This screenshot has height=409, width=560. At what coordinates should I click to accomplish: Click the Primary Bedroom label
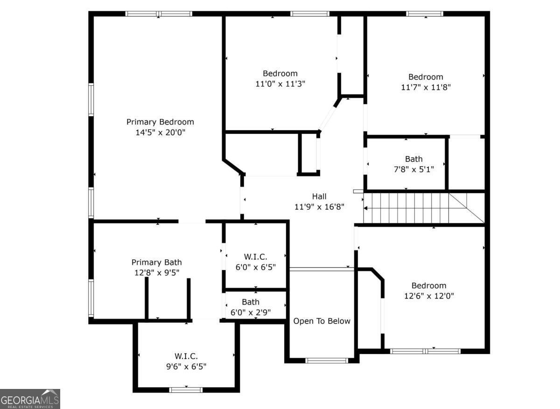(x=160, y=122)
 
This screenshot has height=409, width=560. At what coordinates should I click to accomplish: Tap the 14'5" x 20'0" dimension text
(x=160, y=132)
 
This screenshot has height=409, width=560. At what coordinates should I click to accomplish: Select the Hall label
(x=319, y=196)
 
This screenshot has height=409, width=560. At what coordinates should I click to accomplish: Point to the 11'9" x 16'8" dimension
(x=319, y=207)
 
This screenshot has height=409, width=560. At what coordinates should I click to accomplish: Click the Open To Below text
(x=322, y=321)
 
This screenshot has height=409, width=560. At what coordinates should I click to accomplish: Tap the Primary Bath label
(x=156, y=263)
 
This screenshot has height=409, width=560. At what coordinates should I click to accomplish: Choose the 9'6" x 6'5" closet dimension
(x=186, y=367)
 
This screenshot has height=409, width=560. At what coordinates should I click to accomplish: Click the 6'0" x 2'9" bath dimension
(x=251, y=312)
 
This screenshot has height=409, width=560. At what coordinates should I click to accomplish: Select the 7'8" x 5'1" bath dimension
(x=413, y=169)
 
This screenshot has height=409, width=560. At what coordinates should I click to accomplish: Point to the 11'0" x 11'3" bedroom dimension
(x=280, y=84)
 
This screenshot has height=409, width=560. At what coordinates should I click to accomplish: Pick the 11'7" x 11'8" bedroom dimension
(x=426, y=87)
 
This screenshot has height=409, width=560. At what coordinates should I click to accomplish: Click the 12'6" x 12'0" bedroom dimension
(x=428, y=296)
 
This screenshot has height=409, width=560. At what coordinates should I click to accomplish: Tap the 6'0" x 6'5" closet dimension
(x=255, y=267)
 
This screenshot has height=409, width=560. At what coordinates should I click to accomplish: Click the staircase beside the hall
(x=415, y=208)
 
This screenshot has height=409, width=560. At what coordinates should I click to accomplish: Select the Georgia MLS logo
(x=30, y=399)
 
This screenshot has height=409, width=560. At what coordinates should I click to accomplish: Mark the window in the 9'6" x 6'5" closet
(x=186, y=389)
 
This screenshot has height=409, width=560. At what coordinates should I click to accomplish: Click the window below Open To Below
(x=327, y=360)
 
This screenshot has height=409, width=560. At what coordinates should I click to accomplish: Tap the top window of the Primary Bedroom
(x=159, y=14)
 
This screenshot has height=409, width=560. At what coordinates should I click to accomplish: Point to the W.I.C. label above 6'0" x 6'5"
(x=255, y=256)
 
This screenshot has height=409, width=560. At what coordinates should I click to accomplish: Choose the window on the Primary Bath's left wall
(x=91, y=298)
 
